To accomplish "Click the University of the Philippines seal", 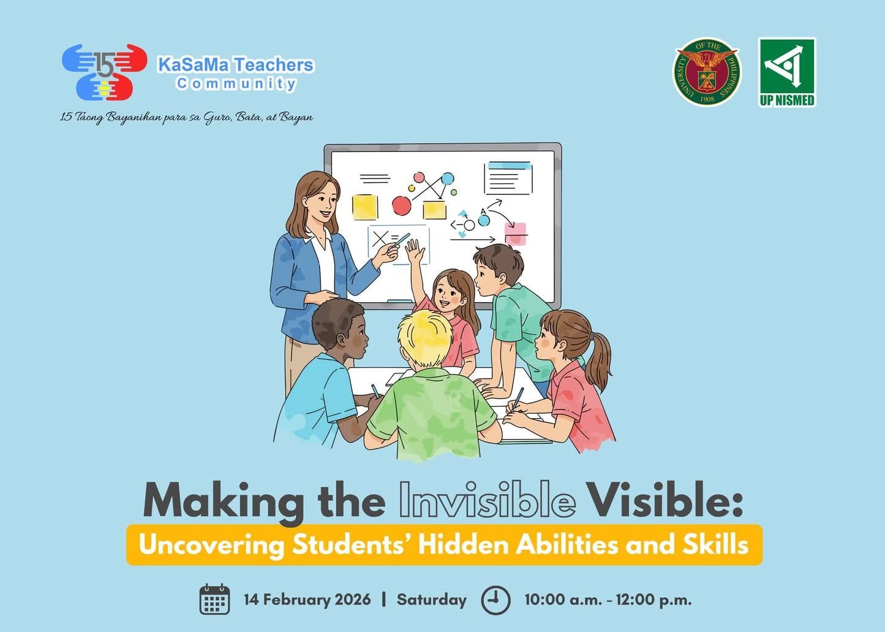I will click(x=707, y=72).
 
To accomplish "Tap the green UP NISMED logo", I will click(x=787, y=72).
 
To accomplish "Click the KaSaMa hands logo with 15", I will click(x=105, y=72).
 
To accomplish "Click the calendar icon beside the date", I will click(x=214, y=599).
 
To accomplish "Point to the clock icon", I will click(x=495, y=600).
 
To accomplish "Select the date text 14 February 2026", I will click(x=307, y=599).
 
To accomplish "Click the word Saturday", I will click(x=431, y=599).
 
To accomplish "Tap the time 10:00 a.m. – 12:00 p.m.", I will click(x=608, y=600).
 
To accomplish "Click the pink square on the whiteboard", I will click(x=516, y=234).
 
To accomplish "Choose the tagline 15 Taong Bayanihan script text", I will click(x=186, y=117).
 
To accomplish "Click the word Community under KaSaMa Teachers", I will click(x=236, y=84).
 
